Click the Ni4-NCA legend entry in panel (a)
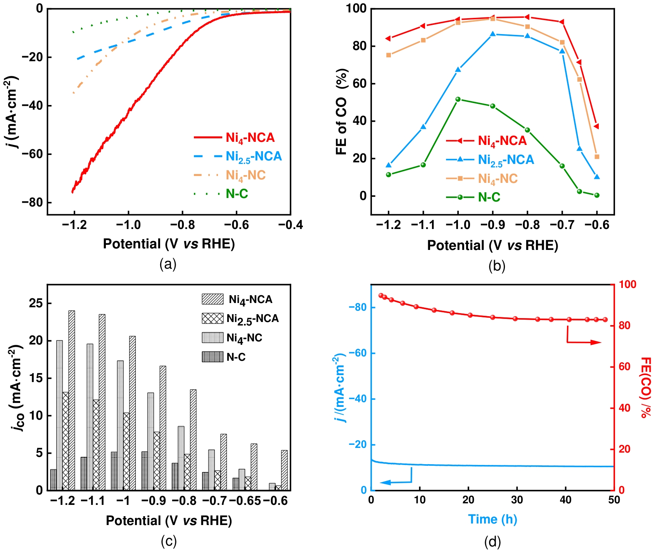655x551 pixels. click(x=250, y=138)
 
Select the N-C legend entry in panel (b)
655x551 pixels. click(x=489, y=197)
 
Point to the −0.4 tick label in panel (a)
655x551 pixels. click(x=290, y=225)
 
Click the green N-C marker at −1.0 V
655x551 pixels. click(x=458, y=100)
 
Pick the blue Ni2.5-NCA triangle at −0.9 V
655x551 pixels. click(x=493, y=34)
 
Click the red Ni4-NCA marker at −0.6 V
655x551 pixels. click(x=596, y=126)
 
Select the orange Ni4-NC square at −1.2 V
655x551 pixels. click(x=389, y=55)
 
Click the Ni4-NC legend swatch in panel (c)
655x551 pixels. click(x=213, y=337)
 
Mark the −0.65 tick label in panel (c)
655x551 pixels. click(x=245, y=501)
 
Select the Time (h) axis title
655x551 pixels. click(x=493, y=519)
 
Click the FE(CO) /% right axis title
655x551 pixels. click(x=645, y=387)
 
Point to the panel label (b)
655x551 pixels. click(x=497, y=266)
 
